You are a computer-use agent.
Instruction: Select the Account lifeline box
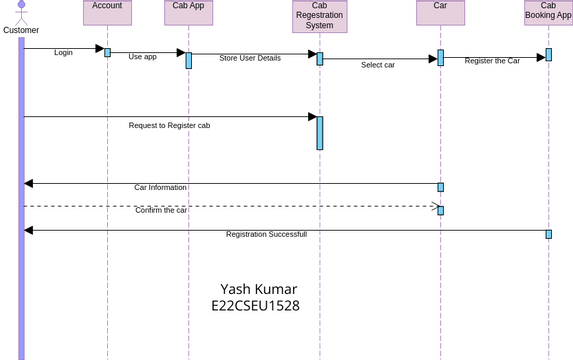107,11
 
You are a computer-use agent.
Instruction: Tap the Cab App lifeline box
188,11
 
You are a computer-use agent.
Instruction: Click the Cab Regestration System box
320,16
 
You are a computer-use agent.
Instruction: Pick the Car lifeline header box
440,11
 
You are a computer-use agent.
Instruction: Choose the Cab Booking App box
548,11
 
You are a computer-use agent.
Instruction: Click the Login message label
63,52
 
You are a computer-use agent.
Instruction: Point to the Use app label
142,57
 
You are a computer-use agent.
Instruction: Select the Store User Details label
250,58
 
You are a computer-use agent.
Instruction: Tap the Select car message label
378,65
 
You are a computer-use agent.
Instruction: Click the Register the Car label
492,61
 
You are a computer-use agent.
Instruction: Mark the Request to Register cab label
169,125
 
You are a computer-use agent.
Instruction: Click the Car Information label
160,187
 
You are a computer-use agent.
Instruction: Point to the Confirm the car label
161,210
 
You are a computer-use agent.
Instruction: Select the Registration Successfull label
266,234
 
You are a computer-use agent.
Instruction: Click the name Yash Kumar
258,289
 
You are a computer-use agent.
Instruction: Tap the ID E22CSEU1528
255,306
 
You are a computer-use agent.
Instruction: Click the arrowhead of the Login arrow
99,48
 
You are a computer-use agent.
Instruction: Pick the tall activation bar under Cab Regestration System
320,133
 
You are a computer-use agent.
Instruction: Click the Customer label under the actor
21,30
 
